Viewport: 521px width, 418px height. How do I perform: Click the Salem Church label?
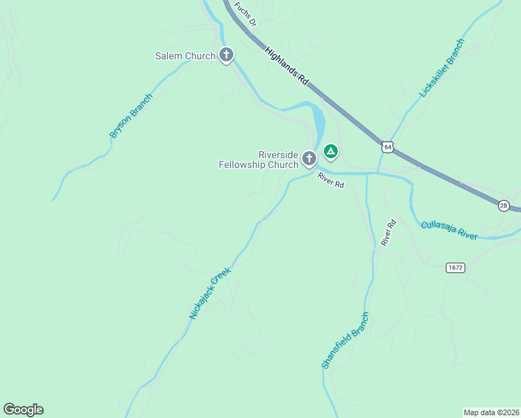click(185, 56)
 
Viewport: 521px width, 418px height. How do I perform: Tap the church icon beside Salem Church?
click(226, 55)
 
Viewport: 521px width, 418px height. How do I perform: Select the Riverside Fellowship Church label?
click(258, 160)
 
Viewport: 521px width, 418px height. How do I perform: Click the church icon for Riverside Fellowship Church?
click(309, 160)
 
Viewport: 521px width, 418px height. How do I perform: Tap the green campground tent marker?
click(330, 151)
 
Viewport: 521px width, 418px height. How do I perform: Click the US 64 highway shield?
click(388, 146)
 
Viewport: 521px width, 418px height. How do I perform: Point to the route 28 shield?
click(504, 205)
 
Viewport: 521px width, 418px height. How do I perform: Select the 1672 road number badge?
click(456, 267)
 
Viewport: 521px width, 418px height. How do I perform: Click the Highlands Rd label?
click(287, 66)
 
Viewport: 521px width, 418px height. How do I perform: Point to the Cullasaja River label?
click(449, 231)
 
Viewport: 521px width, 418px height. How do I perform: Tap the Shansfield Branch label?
click(345, 340)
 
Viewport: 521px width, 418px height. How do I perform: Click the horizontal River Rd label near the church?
click(331, 180)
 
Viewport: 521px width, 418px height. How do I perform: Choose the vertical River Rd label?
click(388, 232)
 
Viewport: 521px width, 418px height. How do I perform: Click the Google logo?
click(23, 410)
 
